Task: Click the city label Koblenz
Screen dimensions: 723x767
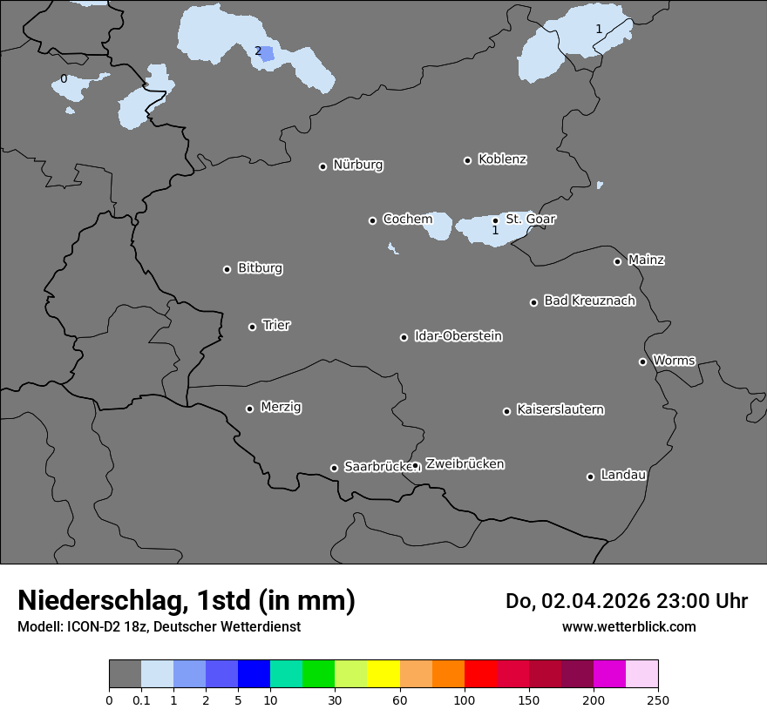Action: (x=502, y=159)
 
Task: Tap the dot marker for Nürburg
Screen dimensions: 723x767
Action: (x=322, y=166)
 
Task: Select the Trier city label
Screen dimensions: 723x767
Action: (x=276, y=325)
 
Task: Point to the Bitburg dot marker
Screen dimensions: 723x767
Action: (x=227, y=269)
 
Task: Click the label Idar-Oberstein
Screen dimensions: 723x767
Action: (x=458, y=336)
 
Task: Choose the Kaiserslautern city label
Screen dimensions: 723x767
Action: (x=560, y=409)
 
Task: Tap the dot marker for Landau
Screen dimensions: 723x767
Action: (x=590, y=476)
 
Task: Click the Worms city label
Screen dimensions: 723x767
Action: (x=674, y=361)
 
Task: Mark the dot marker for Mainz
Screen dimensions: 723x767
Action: (x=617, y=261)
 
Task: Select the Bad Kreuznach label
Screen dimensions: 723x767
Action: (x=589, y=301)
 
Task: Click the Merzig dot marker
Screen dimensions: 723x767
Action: (x=249, y=409)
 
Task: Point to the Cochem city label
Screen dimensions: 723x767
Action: (x=407, y=219)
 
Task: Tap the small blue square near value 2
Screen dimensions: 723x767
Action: (x=268, y=54)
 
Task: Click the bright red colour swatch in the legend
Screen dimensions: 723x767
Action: (x=480, y=674)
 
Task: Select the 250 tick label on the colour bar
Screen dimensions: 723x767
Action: (x=658, y=699)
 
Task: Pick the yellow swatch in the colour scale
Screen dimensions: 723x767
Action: (x=383, y=674)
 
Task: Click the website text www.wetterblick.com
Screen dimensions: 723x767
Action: (x=628, y=626)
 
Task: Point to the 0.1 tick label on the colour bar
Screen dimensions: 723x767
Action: (x=141, y=699)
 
